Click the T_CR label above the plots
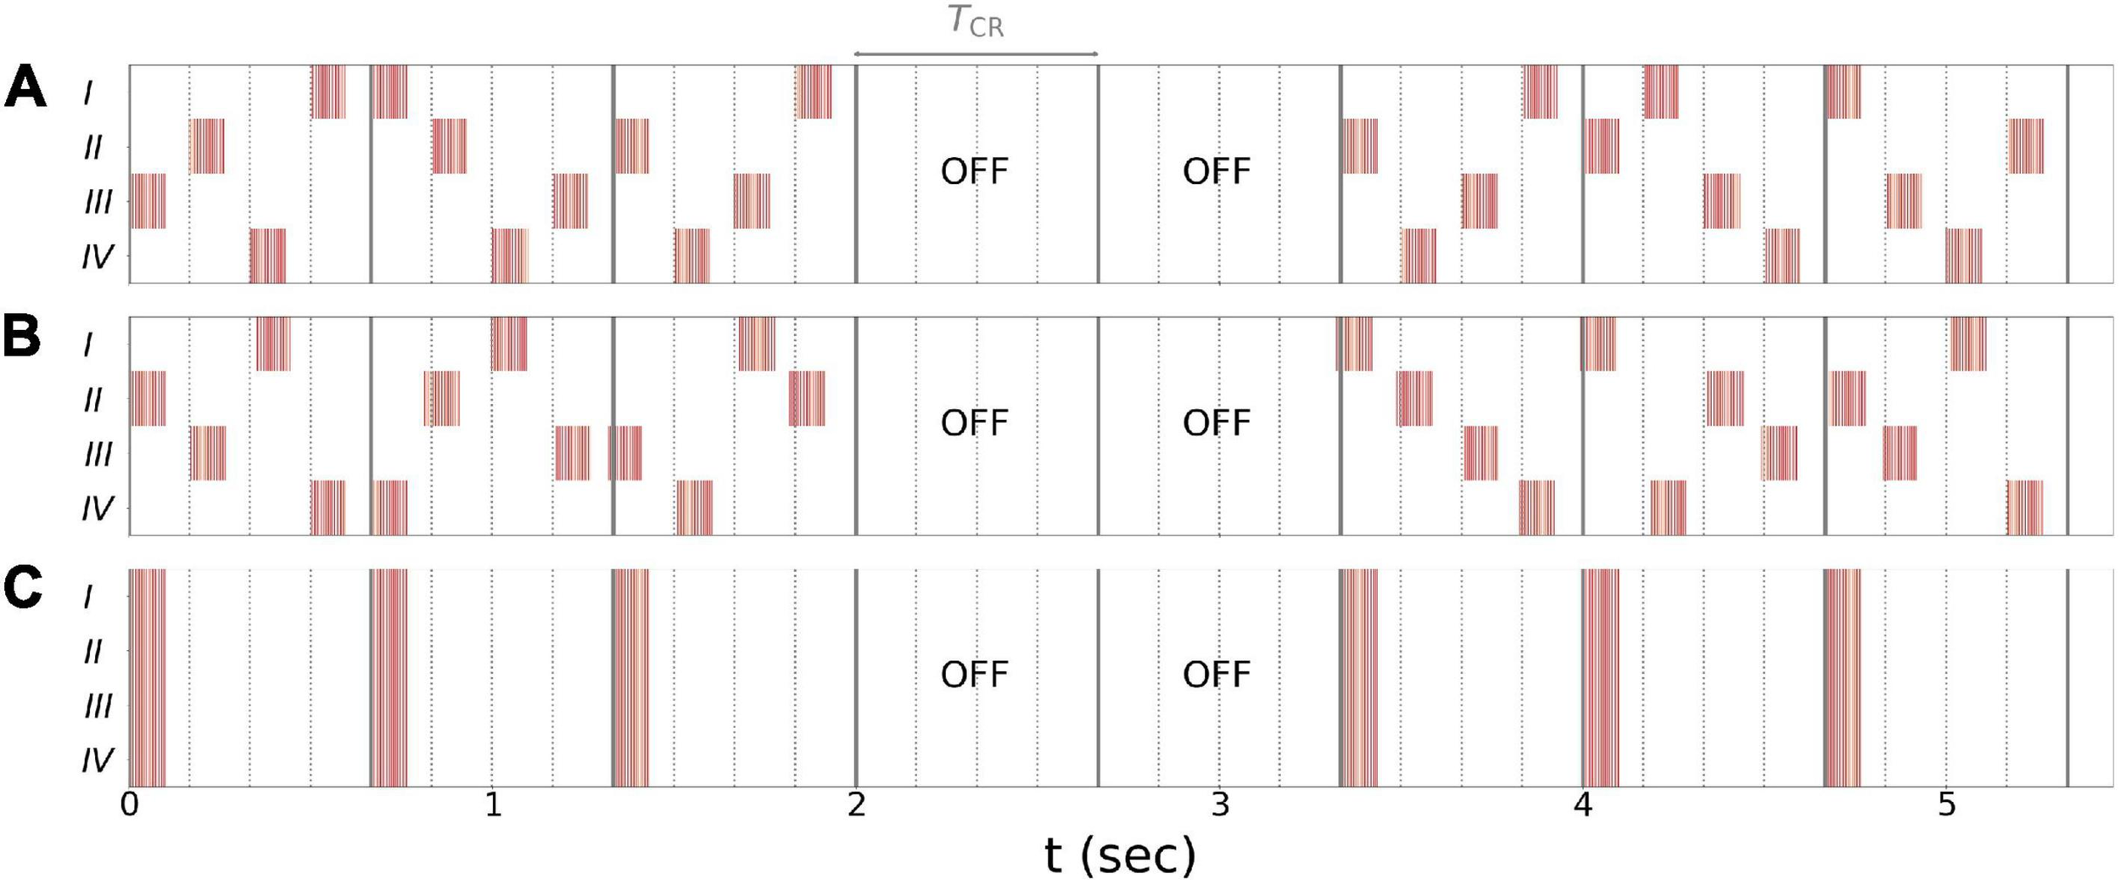pyautogui.click(x=976, y=21)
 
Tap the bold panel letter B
pyautogui.click(x=22, y=337)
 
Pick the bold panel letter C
pyautogui.click(x=23, y=588)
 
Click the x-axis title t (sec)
pyautogui.click(x=1120, y=854)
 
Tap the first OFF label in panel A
pyautogui.click(x=975, y=171)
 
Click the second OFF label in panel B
pyautogui.click(x=1217, y=423)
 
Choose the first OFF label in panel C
pyautogui.click(x=975, y=675)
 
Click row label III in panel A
pyautogui.click(x=98, y=202)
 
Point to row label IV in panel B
pyautogui.click(x=97, y=508)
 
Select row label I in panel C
pyautogui.click(x=87, y=597)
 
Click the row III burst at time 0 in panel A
pyautogui.click(x=148, y=201)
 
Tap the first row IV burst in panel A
pyautogui.click(x=267, y=255)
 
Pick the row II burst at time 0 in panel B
pyautogui.click(x=148, y=398)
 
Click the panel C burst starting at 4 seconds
pyautogui.click(x=1600, y=677)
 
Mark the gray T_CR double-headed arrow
pyautogui.click(x=976, y=53)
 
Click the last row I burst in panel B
pyautogui.click(x=1968, y=344)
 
